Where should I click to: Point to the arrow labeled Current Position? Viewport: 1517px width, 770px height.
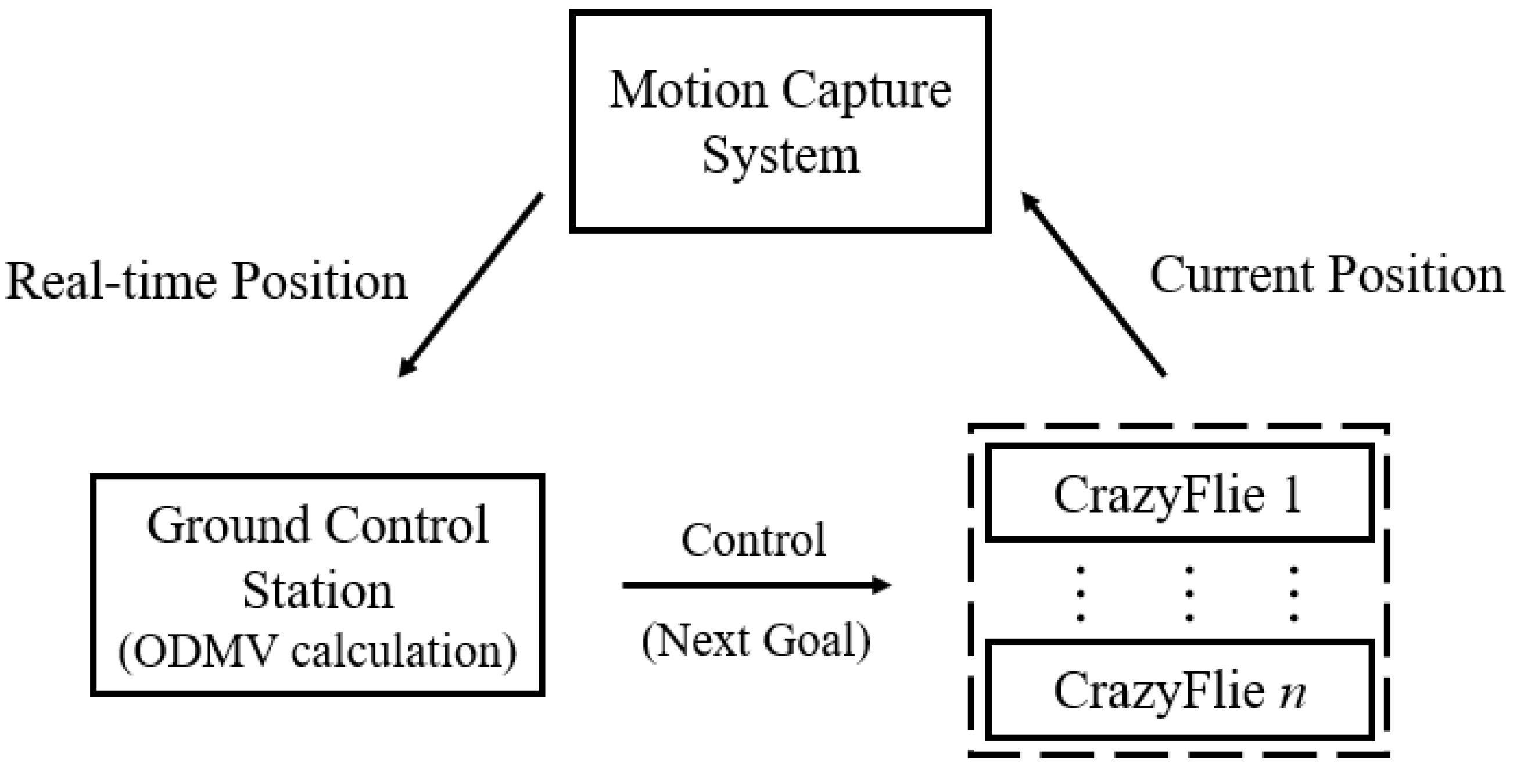pyautogui.click(x=1093, y=285)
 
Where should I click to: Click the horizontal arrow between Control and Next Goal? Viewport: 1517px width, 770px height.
pyautogui.click(x=756, y=585)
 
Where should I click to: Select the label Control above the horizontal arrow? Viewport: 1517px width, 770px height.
pyautogui.click(x=754, y=540)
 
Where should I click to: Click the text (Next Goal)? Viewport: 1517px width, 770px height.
pyautogui.click(x=756, y=640)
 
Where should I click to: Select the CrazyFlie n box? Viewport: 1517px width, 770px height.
pyautogui.click(x=1180, y=689)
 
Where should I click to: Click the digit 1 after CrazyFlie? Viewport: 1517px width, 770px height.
pyautogui.click(x=1292, y=495)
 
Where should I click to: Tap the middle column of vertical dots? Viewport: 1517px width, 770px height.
pyautogui.click(x=1189, y=593)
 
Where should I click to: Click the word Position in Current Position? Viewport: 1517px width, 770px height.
pyautogui.click(x=1416, y=275)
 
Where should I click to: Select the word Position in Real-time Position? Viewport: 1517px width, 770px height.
pyautogui.click(x=318, y=282)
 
